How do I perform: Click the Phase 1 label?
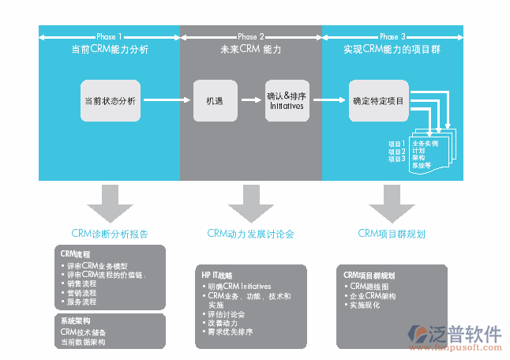(x=109, y=36)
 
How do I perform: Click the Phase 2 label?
(x=250, y=36)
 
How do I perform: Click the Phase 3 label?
(x=392, y=36)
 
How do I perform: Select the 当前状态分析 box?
(x=110, y=100)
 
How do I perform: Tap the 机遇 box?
(x=214, y=100)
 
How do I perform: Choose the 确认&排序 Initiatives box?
(x=286, y=100)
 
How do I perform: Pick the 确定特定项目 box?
(x=378, y=100)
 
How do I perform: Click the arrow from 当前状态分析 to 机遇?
(x=167, y=100)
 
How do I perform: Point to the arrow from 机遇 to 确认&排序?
(x=251, y=100)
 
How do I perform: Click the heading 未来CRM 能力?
(x=250, y=49)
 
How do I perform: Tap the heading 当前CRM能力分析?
(x=109, y=49)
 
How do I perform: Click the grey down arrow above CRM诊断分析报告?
(x=110, y=203)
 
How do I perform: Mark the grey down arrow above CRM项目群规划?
(x=392, y=203)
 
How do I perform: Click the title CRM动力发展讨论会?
(x=250, y=234)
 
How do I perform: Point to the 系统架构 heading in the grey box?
(x=76, y=321)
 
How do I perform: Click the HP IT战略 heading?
(x=216, y=275)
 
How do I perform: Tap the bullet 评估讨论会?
(x=227, y=314)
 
